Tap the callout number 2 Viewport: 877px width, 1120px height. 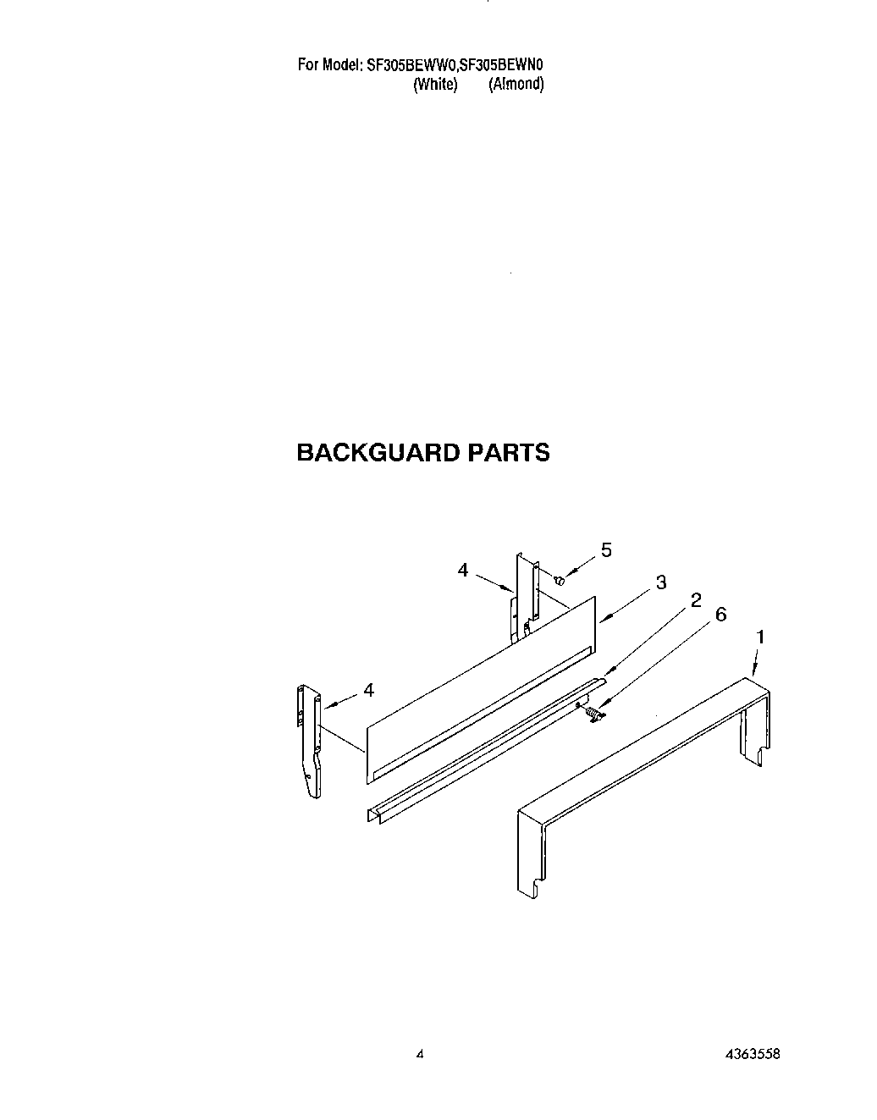tap(696, 600)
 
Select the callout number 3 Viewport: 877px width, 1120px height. tap(660, 582)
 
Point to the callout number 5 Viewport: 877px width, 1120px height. tap(606, 549)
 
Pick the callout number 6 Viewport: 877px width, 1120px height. tap(720, 615)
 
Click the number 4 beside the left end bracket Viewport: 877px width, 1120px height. tap(368, 691)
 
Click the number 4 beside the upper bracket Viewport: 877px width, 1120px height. tap(463, 571)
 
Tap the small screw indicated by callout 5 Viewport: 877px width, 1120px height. tap(560, 580)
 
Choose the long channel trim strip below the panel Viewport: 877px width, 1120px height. tap(483, 753)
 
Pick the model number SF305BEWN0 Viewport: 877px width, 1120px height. tap(506, 64)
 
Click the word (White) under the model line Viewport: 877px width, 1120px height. tap(434, 84)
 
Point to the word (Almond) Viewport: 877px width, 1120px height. tap(516, 84)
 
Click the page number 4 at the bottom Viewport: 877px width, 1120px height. tap(419, 1055)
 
